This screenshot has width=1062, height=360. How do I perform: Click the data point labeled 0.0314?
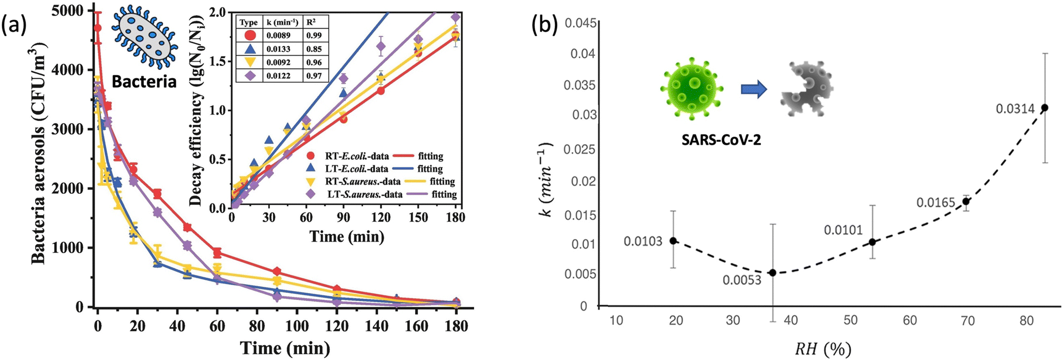(1044, 107)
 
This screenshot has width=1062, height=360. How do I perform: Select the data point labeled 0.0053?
(773, 272)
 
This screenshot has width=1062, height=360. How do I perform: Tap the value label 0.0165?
(936, 203)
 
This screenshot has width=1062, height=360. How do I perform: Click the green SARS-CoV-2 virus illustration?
(692, 88)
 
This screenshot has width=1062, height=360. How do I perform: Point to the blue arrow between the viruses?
(754, 89)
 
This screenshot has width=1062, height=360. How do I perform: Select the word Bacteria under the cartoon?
(144, 81)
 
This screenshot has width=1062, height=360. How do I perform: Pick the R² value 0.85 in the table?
(314, 49)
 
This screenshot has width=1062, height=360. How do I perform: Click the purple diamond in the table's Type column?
(250, 76)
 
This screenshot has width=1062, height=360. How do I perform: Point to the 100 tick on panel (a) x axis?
(296, 325)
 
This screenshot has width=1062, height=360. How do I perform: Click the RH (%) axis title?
(823, 349)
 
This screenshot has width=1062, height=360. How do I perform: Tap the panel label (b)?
(544, 27)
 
